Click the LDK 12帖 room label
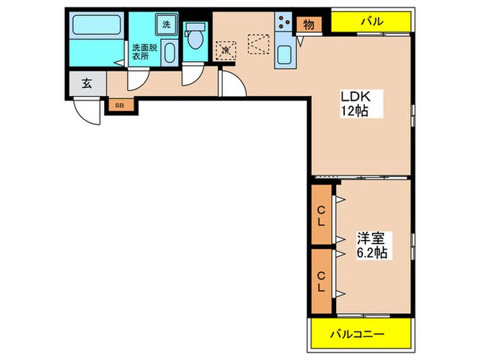[x=356, y=104]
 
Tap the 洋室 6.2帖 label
[x=372, y=245]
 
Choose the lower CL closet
[x=321, y=281]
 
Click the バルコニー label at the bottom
[x=357, y=334]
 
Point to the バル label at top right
[x=372, y=21]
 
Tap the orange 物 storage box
[x=309, y=25]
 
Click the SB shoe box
[x=120, y=106]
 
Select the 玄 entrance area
[x=87, y=83]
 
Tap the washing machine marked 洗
[x=167, y=25]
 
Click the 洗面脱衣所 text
[x=145, y=51]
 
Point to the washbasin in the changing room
[x=169, y=53]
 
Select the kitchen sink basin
[x=285, y=55]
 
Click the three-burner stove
[x=285, y=22]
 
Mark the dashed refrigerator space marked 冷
[x=226, y=50]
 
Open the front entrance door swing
[x=87, y=111]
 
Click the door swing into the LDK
[x=233, y=83]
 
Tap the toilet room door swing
[x=192, y=74]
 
